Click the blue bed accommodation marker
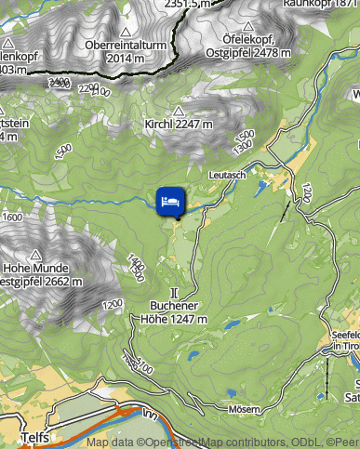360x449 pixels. [171, 199]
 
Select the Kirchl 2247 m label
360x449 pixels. [179, 124]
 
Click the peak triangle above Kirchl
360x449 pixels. [180, 110]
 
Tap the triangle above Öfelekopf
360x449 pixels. [248, 25]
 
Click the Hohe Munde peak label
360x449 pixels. [39, 269]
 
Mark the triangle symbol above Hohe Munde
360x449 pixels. [36, 253]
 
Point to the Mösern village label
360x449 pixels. [244, 409]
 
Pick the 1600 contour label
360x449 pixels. [12, 217]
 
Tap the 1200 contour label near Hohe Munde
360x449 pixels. [113, 305]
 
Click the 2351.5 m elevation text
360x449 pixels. [185, 4]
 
